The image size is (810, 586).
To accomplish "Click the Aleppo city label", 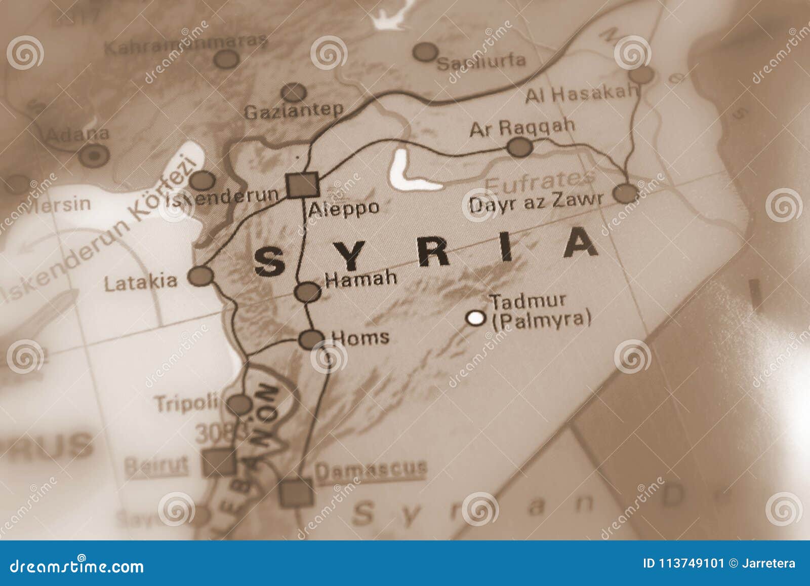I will [x=344, y=208].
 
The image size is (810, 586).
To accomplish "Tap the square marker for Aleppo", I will [x=302, y=184].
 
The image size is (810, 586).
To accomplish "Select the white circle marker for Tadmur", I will [x=475, y=318].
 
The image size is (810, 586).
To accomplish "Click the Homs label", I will [x=359, y=337].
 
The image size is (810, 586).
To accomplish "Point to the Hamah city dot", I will [x=308, y=292].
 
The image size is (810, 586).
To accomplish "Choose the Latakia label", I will [x=141, y=282].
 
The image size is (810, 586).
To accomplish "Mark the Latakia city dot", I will [x=201, y=276].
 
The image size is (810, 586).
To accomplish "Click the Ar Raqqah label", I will [x=522, y=128].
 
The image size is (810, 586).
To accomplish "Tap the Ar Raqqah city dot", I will [x=520, y=147].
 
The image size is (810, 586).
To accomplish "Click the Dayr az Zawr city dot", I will [x=626, y=193].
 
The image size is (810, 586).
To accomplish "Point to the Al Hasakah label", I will [x=581, y=95].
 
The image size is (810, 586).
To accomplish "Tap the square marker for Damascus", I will [x=296, y=491].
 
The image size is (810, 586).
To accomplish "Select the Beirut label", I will [x=156, y=464].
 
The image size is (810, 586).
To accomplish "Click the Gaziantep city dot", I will [x=293, y=93].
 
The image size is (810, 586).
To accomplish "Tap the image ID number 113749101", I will [x=683, y=563].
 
